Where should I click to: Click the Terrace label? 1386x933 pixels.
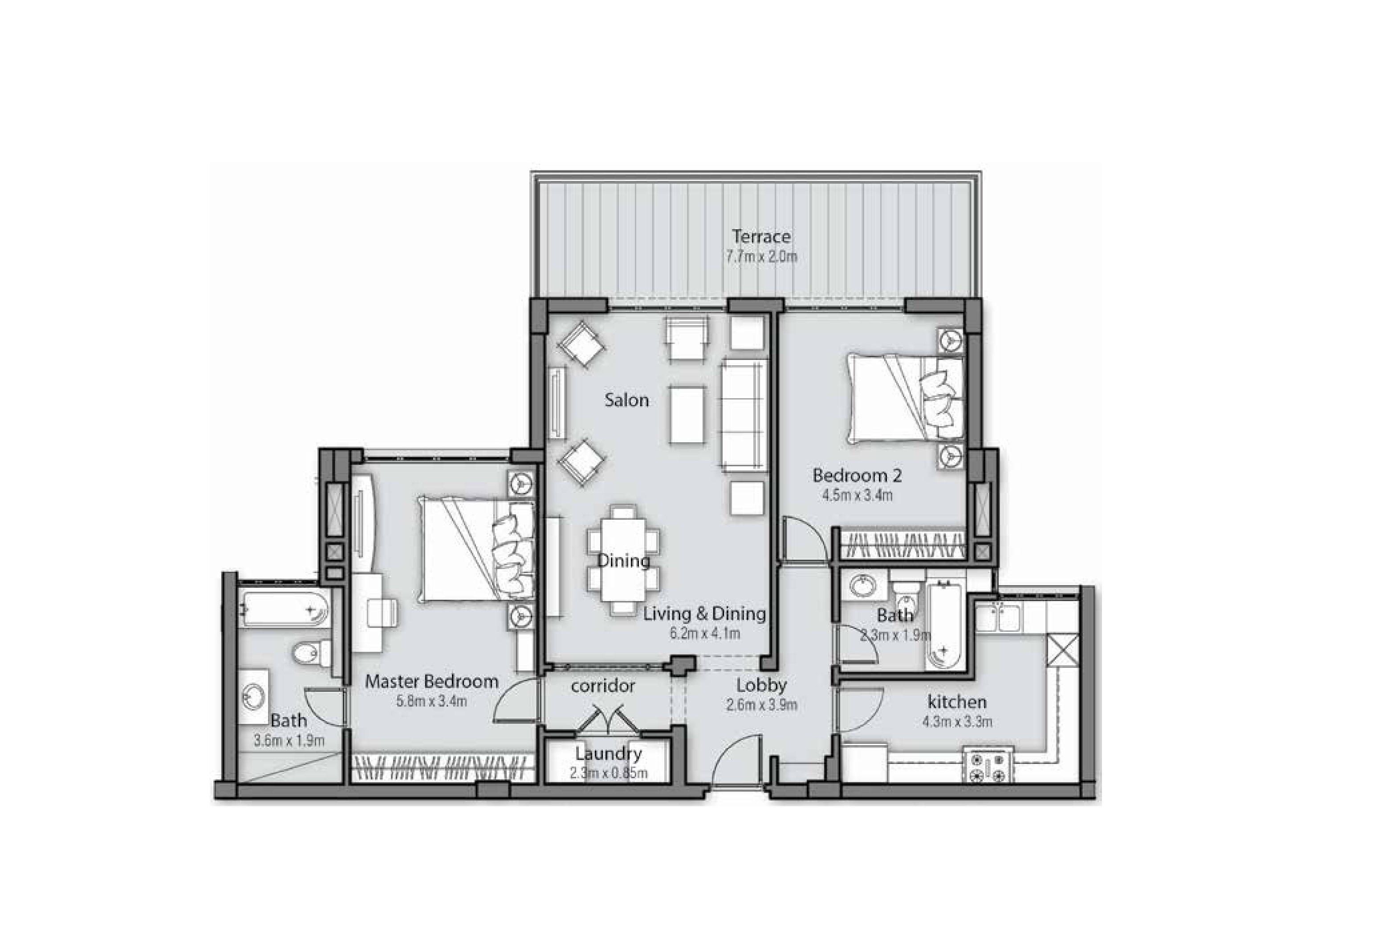(761, 237)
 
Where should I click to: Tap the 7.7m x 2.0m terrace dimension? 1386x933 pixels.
(761, 257)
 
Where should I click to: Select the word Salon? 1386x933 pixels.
(626, 400)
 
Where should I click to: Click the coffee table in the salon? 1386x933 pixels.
(687, 414)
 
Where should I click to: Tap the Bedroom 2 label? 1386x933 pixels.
(857, 476)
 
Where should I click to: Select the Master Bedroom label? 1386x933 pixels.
(431, 681)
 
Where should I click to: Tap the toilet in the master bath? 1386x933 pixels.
(311, 653)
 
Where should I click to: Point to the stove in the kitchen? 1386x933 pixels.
(988, 767)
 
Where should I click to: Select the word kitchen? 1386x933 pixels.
(957, 702)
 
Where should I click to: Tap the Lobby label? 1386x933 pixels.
(761, 686)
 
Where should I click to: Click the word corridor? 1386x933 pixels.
(602, 686)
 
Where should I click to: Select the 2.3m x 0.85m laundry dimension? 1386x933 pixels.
(608, 774)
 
